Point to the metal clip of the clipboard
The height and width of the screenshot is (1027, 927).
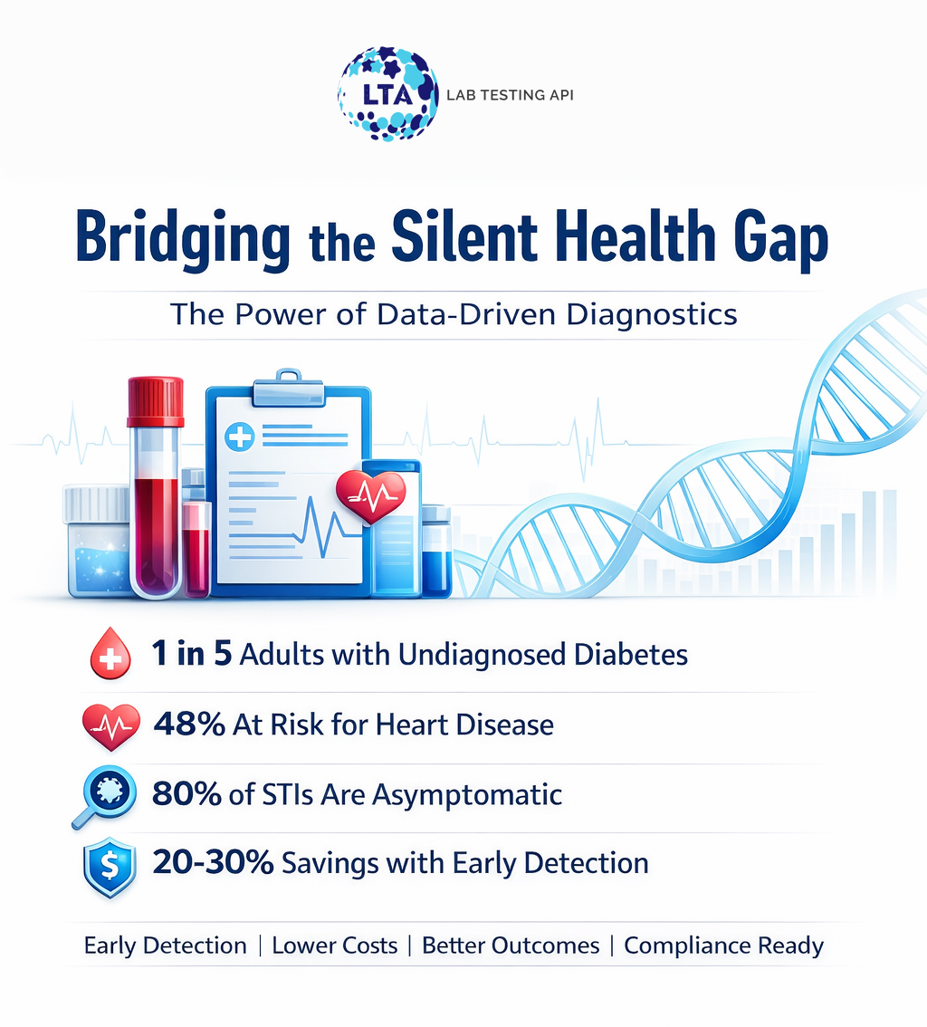coord(288,387)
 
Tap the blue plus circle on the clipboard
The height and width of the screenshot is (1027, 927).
coord(240,439)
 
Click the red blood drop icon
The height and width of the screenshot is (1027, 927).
coord(111,655)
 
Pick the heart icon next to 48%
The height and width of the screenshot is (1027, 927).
coord(111,725)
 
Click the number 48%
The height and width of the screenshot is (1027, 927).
coord(189,725)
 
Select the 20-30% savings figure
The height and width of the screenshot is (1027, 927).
coord(213,863)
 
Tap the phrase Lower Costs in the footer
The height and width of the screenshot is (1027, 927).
coord(335,946)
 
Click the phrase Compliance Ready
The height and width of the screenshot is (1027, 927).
coord(724,946)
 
